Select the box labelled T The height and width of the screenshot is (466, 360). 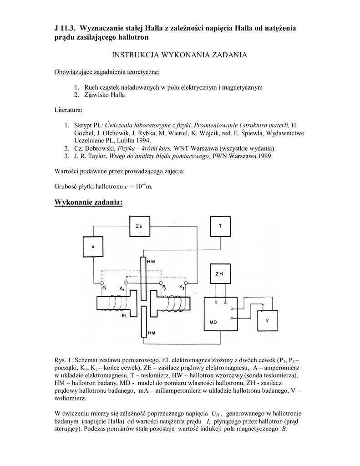click(x=220, y=226)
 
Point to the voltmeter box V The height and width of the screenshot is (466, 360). click(x=267, y=320)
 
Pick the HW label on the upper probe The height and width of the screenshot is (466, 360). click(x=151, y=262)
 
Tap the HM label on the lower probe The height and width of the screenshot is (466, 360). click(x=152, y=334)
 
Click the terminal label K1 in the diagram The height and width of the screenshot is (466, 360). click(x=122, y=289)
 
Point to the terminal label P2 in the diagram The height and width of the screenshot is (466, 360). click(x=164, y=289)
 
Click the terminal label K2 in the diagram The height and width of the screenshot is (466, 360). click(x=182, y=288)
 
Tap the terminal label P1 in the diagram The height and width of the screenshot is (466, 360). click(x=104, y=288)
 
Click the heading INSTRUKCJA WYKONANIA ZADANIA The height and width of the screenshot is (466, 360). click(x=179, y=55)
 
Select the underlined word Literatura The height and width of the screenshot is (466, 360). click(x=68, y=110)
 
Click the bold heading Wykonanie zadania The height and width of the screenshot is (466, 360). click(x=88, y=202)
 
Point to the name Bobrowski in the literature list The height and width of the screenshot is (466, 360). click(x=100, y=148)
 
